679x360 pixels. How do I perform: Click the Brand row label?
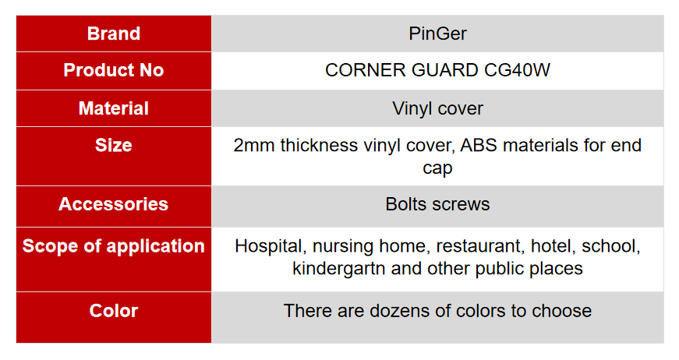[114, 34]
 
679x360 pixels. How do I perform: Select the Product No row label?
[114, 70]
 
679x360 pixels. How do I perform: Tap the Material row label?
[114, 108]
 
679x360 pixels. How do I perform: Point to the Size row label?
[114, 145]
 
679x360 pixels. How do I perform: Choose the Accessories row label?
[114, 204]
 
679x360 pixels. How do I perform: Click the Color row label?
[114, 311]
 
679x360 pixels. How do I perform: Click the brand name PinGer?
[438, 34]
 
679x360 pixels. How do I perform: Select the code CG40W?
[517, 70]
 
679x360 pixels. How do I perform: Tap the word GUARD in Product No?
[444, 70]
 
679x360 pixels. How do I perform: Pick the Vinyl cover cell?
[437, 108]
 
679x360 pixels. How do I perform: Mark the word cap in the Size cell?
[437, 168]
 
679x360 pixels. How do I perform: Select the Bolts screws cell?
[437, 204]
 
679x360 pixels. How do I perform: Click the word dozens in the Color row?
[393, 311]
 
